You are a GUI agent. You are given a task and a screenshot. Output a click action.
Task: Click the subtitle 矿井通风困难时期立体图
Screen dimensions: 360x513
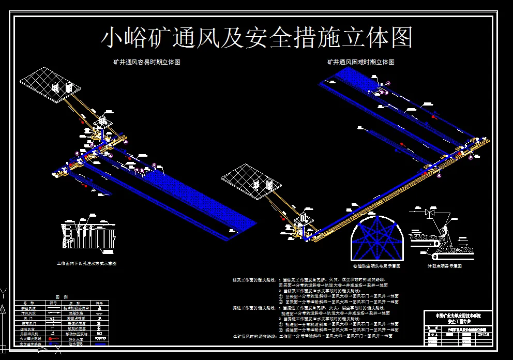(360, 62)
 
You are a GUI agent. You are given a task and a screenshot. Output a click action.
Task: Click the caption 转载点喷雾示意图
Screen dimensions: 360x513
(444, 266)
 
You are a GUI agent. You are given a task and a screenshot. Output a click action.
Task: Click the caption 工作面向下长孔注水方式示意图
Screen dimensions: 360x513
(86, 263)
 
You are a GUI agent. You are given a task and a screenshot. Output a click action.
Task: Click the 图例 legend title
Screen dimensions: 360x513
(62, 297)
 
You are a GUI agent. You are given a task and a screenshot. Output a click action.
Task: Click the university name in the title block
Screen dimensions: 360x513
(456, 315)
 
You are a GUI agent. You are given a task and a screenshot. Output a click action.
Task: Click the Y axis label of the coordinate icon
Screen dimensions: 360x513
(4, 293)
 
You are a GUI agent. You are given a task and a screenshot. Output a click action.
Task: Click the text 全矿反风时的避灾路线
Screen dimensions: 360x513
(254, 337)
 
